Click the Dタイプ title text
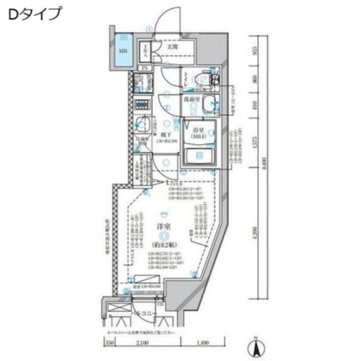click(x=34, y=14)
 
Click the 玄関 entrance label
click(x=172, y=48)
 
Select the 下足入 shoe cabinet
click(x=145, y=52)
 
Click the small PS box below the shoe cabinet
click(x=145, y=69)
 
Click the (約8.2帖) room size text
click(x=163, y=245)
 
